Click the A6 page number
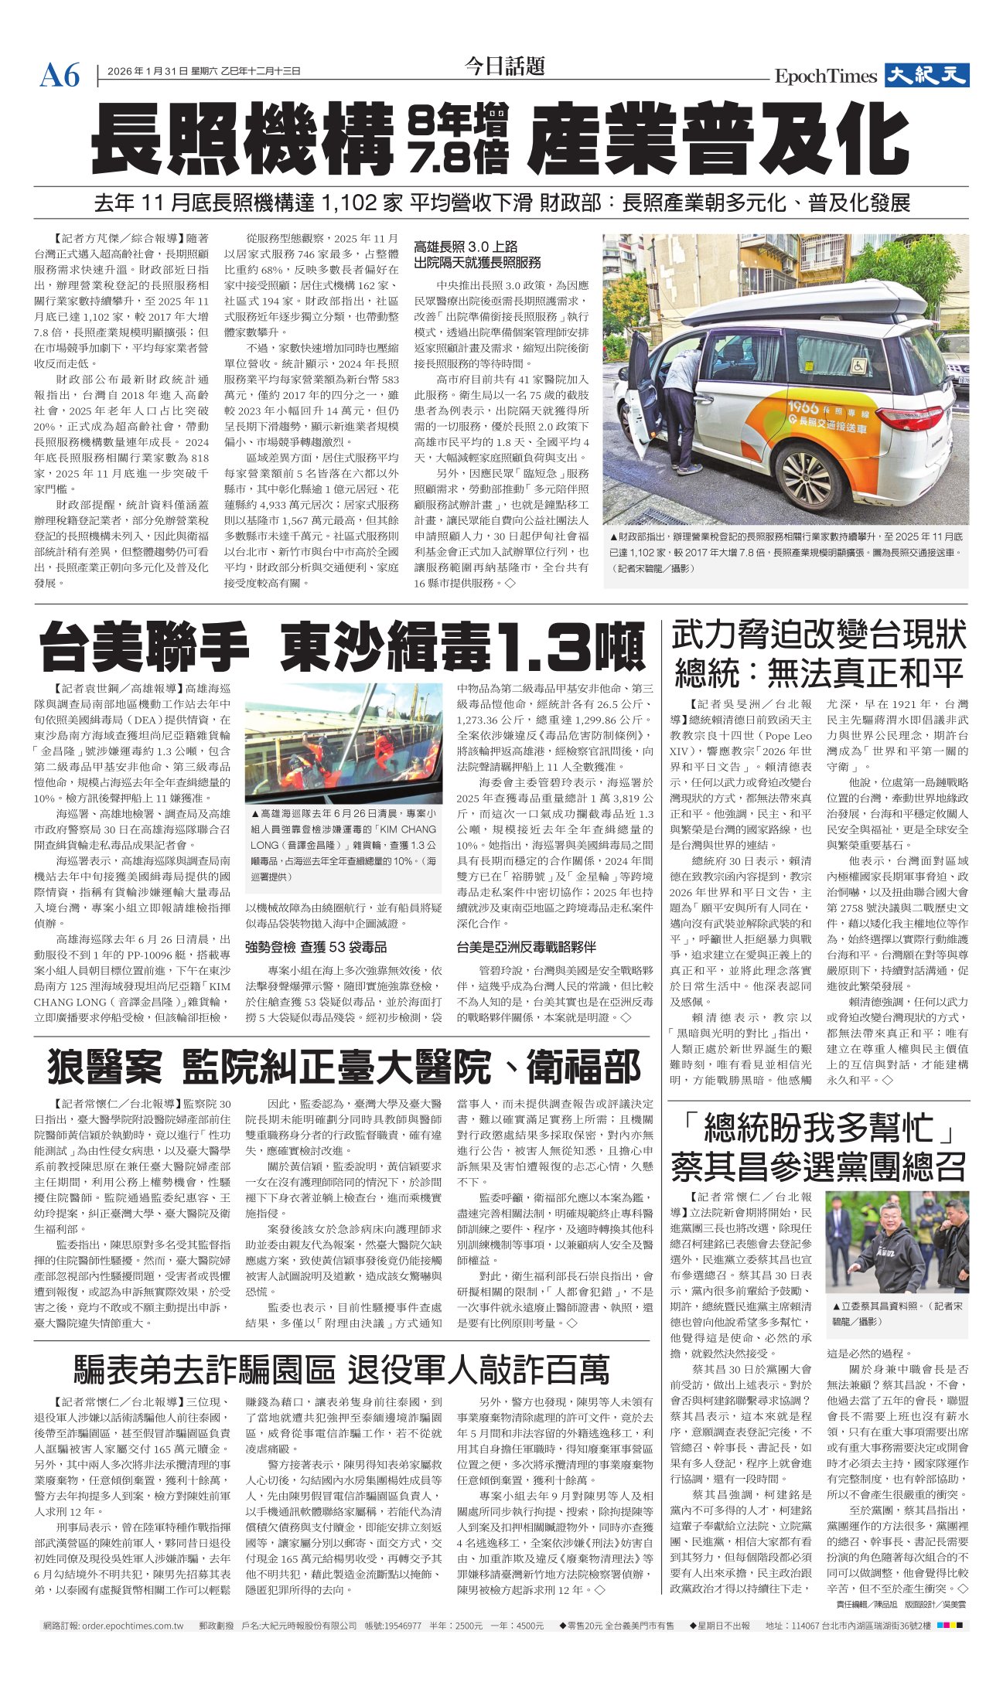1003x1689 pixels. click(x=60, y=75)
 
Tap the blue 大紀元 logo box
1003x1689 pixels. click(x=926, y=75)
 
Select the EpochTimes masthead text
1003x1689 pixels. click(x=825, y=76)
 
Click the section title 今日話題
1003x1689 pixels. click(x=504, y=66)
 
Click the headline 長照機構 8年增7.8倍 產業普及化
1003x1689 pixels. click(x=500, y=140)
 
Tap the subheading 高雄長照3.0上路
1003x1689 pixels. click(x=466, y=247)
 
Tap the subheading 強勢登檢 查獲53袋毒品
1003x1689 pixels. click(x=316, y=947)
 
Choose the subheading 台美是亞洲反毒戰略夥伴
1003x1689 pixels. click(x=526, y=947)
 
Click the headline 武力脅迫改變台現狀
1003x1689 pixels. click(x=818, y=636)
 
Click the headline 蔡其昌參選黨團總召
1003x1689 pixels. click(x=818, y=1166)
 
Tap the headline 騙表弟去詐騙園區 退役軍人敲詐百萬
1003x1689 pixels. click(x=341, y=1370)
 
